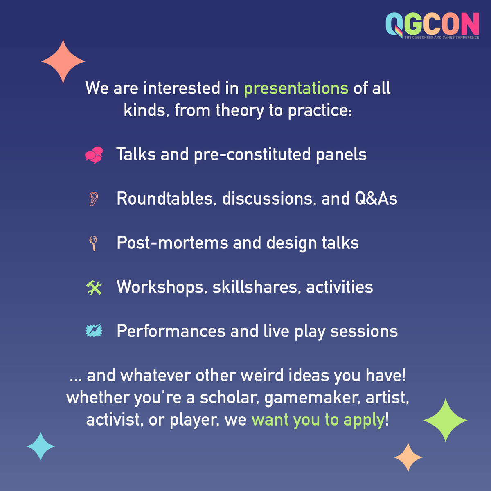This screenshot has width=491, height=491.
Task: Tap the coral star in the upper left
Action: coord(63,62)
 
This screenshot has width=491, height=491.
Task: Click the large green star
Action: coord(445,420)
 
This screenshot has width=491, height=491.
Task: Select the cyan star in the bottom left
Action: coord(41,446)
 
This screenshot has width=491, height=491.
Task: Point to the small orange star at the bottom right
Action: coord(408,457)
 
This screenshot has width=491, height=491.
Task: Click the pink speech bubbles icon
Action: coord(94,155)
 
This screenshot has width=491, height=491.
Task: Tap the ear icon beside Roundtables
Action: coord(94,199)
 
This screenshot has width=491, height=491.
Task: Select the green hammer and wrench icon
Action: coord(94,287)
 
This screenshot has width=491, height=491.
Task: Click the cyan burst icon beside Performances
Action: coord(94,331)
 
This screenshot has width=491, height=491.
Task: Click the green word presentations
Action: coord(296,88)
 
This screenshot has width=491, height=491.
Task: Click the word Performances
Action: coord(171,331)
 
